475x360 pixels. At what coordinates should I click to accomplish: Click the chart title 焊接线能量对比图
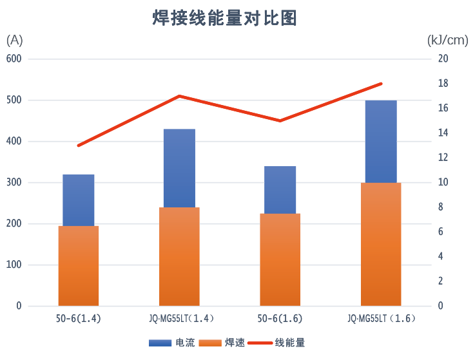224,18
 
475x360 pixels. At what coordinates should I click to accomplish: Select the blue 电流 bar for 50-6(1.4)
79,200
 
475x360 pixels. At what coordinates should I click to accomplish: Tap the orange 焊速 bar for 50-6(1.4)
79,265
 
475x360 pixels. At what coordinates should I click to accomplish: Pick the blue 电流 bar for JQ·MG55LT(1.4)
179,167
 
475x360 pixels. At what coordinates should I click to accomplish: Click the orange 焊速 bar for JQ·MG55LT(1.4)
179,256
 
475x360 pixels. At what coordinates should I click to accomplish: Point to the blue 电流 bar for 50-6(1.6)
280,189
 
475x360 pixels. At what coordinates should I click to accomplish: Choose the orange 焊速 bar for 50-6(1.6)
280,260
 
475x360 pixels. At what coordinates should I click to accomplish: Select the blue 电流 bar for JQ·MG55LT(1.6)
381,141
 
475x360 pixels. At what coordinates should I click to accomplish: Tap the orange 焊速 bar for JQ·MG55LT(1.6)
381,244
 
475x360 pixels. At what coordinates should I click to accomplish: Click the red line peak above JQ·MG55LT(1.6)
382,84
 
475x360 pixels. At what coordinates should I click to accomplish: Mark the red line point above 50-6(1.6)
280,120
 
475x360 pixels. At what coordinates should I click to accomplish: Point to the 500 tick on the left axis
14,100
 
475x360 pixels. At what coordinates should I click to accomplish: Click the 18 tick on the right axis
443,84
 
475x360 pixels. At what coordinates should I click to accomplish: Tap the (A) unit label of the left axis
14,41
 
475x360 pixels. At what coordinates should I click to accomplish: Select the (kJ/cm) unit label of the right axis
447,41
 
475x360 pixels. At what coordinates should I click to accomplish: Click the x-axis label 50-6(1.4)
79,318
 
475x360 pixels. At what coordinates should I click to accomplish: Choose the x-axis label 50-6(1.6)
280,318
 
